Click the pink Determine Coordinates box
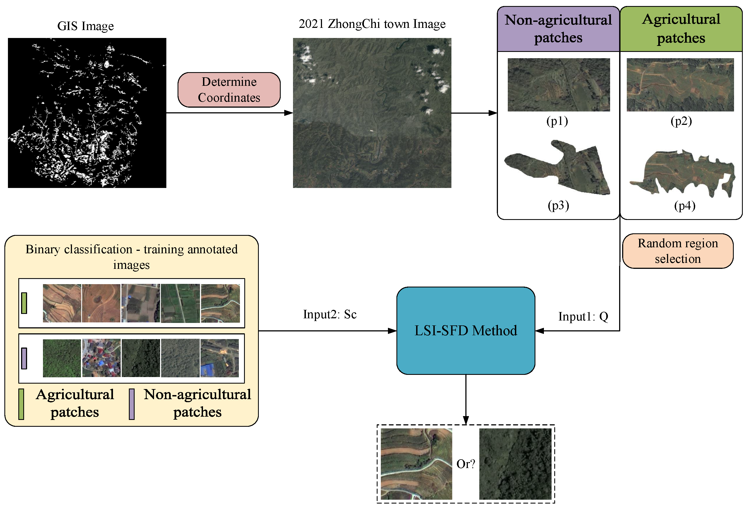coord(229,90)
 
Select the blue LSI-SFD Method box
coord(466,331)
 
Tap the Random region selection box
coord(678,251)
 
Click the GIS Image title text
coord(85,26)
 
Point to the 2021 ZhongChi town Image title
coord(372,23)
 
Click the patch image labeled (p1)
coord(558,85)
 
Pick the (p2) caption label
coord(681,121)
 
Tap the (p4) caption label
coord(685,206)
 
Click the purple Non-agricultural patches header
coord(558,29)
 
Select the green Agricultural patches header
coord(681,29)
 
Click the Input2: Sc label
coord(330,314)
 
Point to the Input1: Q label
coord(583,316)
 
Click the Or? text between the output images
coord(465,464)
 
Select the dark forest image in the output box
coord(515,464)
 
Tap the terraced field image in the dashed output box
coord(416,464)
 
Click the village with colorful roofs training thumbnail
coord(102,358)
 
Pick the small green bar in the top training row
coord(24,303)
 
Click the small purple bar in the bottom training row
coord(24,358)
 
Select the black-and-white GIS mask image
coord(87,113)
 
